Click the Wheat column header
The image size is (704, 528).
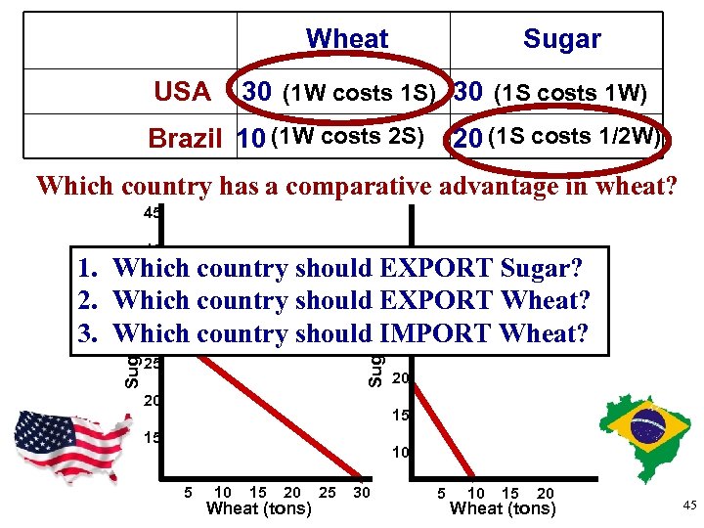click(347, 39)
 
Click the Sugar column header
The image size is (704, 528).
click(561, 39)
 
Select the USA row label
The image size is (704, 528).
click(182, 93)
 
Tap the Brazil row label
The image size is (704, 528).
click(186, 139)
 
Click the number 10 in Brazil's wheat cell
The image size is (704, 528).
click(250, 139)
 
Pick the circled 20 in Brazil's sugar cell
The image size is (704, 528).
click(468, 139)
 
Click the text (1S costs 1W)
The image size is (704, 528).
click(570, 93)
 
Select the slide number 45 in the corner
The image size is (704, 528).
click(688, 504)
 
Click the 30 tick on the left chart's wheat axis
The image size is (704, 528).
click(362, 492)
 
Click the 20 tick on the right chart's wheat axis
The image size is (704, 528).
click(545, 493)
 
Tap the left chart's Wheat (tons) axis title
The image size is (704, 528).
click(259, 508)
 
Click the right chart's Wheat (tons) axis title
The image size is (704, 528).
click(502, 508)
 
